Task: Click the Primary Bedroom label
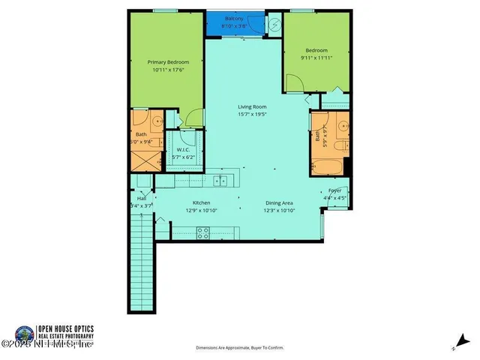point(167,63)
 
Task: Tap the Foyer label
point(335,191)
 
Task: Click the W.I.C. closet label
point(182,149)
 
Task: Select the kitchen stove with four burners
point(202,234)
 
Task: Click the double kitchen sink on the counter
point(217,180)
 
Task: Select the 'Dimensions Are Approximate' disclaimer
point(240,348)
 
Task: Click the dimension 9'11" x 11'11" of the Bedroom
point(315,55)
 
